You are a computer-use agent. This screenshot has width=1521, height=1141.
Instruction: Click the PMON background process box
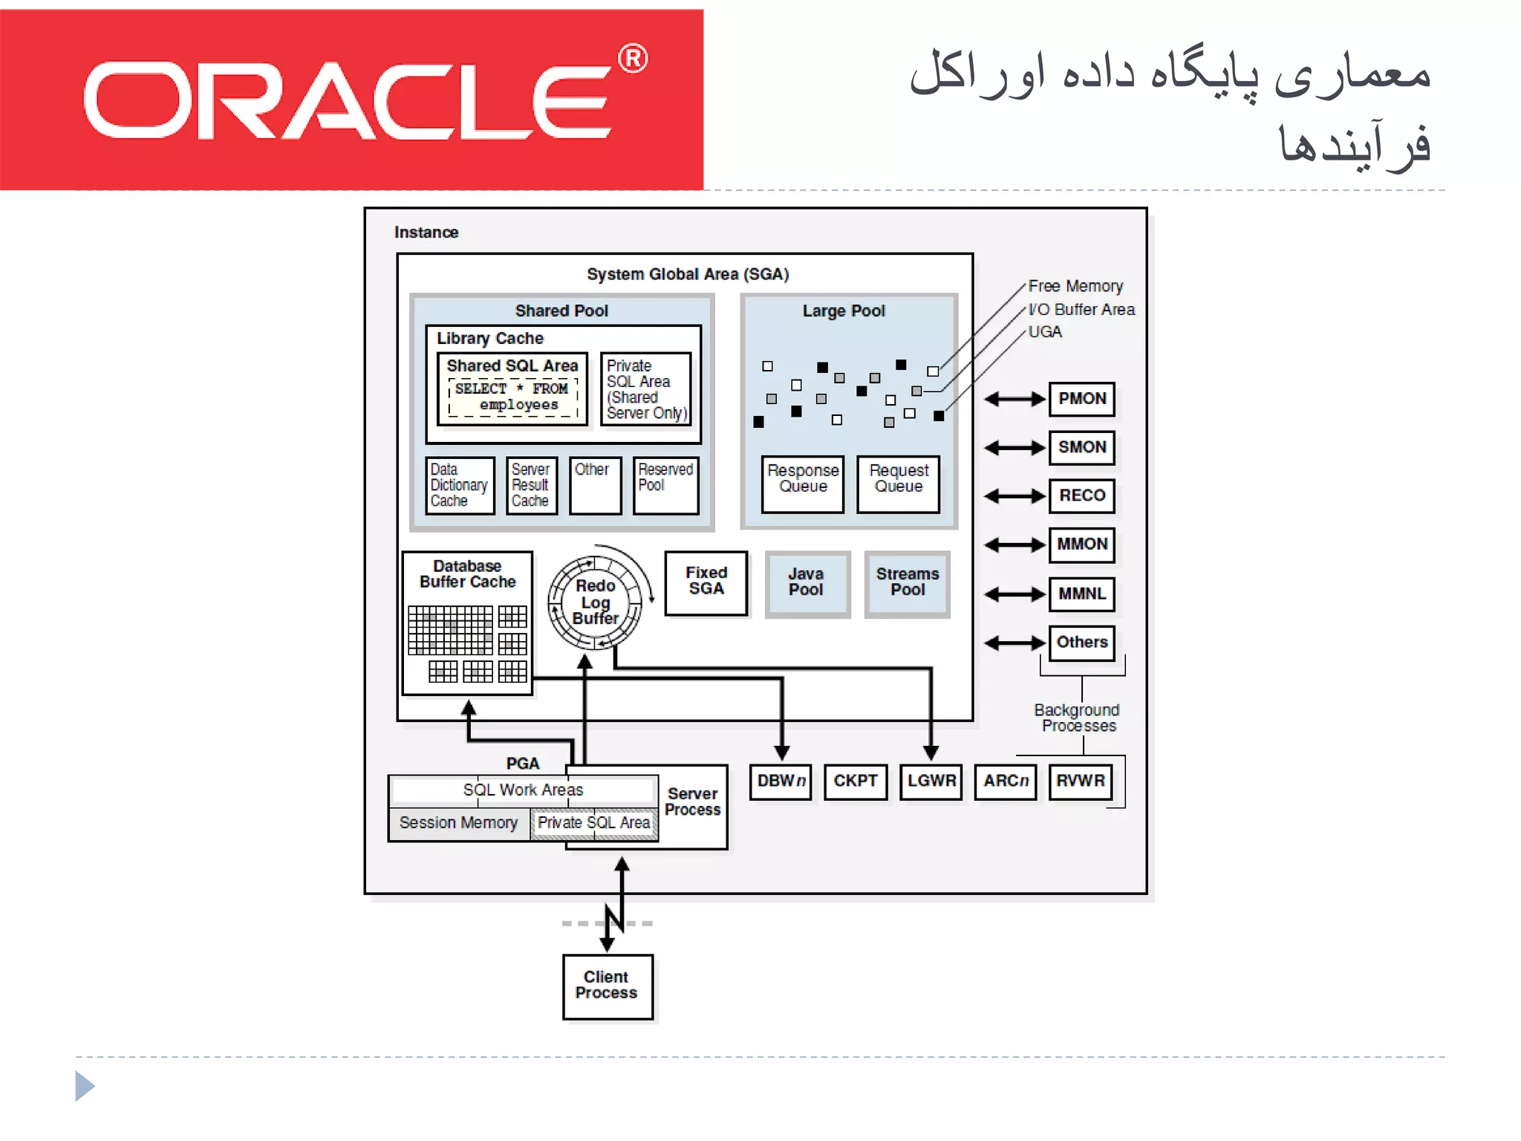[1081, 399]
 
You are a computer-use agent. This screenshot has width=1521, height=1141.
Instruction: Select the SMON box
[1081, 447]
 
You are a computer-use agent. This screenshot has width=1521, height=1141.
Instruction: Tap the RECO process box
[1081, 495]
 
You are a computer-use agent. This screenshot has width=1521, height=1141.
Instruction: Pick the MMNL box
[1081, 594]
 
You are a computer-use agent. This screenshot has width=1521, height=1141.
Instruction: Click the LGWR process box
[931, 781]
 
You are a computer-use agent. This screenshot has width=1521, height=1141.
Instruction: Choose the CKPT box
[856, 781]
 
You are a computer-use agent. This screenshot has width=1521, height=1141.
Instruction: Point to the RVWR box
[1081, 781]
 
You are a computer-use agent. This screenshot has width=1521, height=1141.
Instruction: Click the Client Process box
[607, 986]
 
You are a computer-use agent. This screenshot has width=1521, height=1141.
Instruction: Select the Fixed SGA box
[706, 582]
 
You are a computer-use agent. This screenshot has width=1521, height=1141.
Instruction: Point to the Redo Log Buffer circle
[595, 602]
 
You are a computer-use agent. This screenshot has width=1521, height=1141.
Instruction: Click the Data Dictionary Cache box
[459, 486]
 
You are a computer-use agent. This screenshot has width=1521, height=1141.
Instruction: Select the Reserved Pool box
[665, 486]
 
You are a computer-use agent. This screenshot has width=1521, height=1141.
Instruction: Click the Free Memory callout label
[1075, 286]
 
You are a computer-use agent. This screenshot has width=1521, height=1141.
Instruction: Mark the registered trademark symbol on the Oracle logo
[633, 59]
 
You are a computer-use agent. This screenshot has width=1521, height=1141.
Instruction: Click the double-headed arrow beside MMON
[1014, 545]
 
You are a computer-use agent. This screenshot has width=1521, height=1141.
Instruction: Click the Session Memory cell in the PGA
[458, 823]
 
